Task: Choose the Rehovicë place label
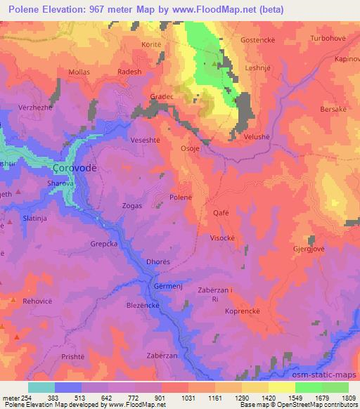[x=40, y=302]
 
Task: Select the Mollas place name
[x=79, y=72]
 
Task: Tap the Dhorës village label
[x=158, y=262]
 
